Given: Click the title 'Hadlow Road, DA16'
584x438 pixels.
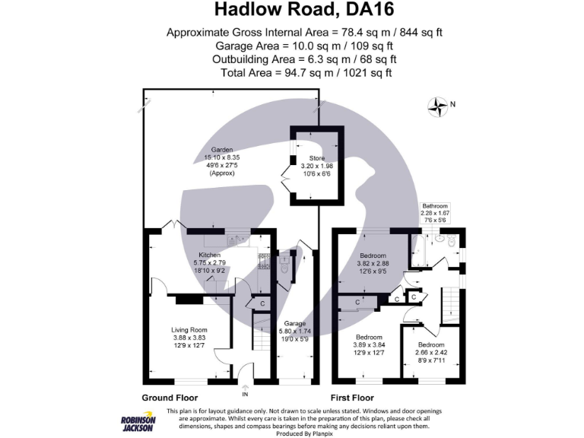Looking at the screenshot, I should coord(292,10).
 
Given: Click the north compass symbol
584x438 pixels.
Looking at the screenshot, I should coord(439,107).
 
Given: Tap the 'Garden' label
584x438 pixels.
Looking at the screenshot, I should coord(222,150).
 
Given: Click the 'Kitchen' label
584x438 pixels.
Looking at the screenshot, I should coord(209,255).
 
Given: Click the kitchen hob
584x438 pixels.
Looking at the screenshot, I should coord(265,262).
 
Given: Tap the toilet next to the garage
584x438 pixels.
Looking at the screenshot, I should coord(284,267).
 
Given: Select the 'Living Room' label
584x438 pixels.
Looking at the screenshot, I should coord(189,329).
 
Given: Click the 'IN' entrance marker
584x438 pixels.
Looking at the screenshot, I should coord(245,394).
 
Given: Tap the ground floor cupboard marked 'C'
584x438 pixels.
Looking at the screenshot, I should coord(262,304).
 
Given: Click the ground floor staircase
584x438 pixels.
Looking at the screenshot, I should coord(260,338).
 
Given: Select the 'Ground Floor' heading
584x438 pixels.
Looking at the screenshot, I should coord(170,398).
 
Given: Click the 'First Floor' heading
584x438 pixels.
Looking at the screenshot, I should coord(352,398).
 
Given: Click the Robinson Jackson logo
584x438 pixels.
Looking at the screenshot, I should coord(137,423).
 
